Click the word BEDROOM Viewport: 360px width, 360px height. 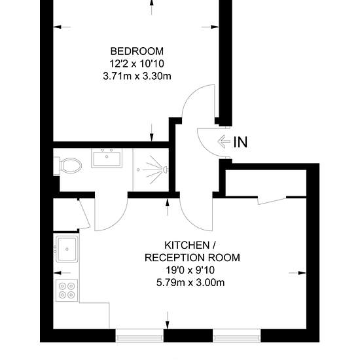tap(137, 51)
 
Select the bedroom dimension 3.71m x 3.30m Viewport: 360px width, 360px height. tap(137, 76)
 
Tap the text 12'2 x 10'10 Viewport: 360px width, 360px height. tap(137, 63)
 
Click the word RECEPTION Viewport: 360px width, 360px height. tap(175, 258)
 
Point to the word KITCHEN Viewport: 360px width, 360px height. tap(187, 245)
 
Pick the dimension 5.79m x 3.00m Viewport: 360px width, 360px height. tap(190, 282)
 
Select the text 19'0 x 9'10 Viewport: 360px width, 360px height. tap(190, 270)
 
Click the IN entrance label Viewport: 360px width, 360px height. tap(240, 142)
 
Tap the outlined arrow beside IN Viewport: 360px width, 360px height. tap(224, 141)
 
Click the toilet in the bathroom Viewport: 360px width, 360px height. tap(68, 166)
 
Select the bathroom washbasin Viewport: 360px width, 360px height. tap(107, 158)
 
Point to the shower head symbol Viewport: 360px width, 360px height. tap(165, 170)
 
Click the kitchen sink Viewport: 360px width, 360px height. tap(67, 249)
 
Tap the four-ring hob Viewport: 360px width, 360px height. tap(67, 291)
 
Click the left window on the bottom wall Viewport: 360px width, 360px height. tap(139, 336)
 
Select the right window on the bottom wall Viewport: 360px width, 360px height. tap(236, 336)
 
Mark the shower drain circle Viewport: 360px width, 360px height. tap(138, 170)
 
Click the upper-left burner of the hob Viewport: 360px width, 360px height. tap(62, 286)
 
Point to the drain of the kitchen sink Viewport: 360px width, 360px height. tap(67, 249)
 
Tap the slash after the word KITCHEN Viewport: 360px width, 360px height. tap(214, 245)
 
